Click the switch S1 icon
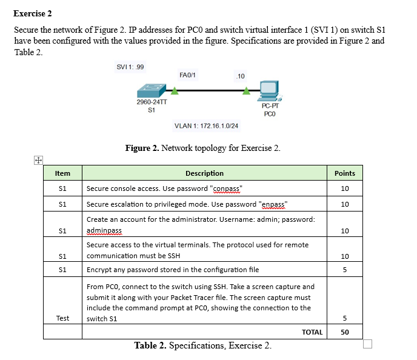tap(151, 92)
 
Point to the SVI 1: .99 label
tap(130, 66)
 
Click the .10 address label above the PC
tap(240, 76)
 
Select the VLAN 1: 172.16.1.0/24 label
tap(206, 126)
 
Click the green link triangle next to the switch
tap(175, 92)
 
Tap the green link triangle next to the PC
tap(246, 92)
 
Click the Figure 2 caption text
tap(202, 148)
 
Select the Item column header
tap(62, 173)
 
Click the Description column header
tap(204, 173)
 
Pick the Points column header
tap(344, 173)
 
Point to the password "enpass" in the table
tap(273, 204)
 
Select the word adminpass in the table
tap(104, 231)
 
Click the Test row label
tap(62, 318)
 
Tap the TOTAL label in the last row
tap(312, 332)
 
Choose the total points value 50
tap(344, 332)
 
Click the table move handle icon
tap(38, 160)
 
